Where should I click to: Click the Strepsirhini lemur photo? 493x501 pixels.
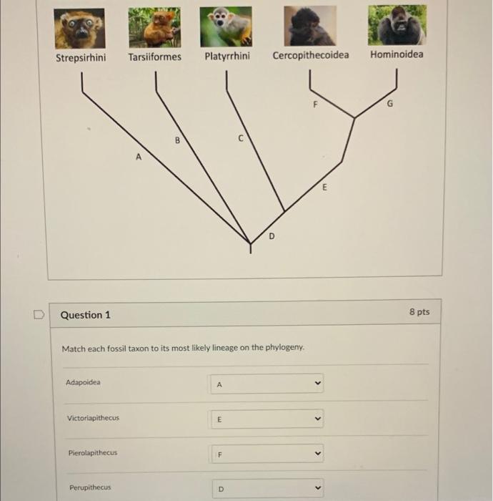click(x=79, y=28)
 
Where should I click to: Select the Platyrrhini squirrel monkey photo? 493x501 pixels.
click(x=226, y=26)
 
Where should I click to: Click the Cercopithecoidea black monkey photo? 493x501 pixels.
click(x=310, y=26)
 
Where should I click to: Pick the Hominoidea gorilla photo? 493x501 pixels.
click(x=397, y=25)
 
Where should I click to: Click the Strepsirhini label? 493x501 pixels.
click(x=81, y=57)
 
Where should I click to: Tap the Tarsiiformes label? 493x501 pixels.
click(x=155, y=57)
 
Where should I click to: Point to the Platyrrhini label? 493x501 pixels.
click(x=227, y=56)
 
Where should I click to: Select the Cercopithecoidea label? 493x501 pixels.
click(x=311, y=55)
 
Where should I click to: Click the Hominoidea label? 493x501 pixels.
click(x=397, y=54)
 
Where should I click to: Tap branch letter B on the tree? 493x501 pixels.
click(x=177, y=140)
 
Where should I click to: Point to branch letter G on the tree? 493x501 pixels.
click(x=389, y=104)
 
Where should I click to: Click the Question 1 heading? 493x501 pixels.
click(x=86, y=315)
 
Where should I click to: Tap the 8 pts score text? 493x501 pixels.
click(x=419, y=312)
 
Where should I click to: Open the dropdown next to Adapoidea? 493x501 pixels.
click(x=267, y=384)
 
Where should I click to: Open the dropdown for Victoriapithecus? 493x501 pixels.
click(x=267, y=419)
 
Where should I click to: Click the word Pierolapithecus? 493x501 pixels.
click(x=93, y=453)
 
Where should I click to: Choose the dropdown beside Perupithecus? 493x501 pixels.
click(x=267, y=489)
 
